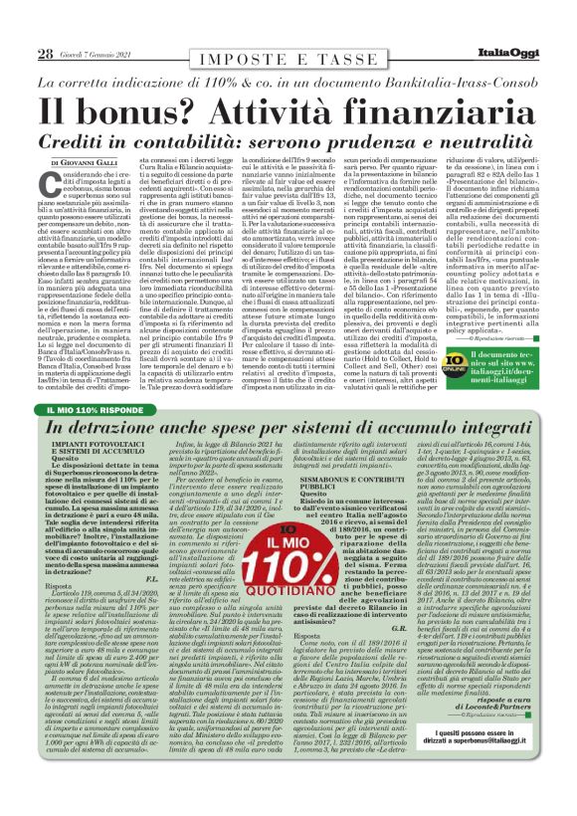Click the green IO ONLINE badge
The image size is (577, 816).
455,354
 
